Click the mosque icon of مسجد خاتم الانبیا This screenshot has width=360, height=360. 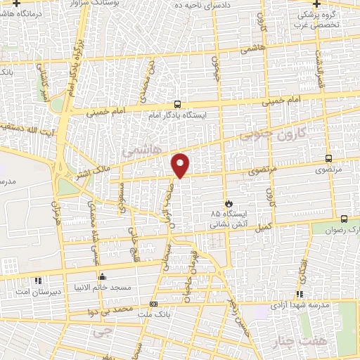coord(103,276)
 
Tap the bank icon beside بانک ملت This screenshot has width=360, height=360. coord(154,304)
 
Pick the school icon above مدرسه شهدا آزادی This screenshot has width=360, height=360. coord(300,294)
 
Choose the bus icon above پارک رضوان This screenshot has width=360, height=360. coord(344,219)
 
